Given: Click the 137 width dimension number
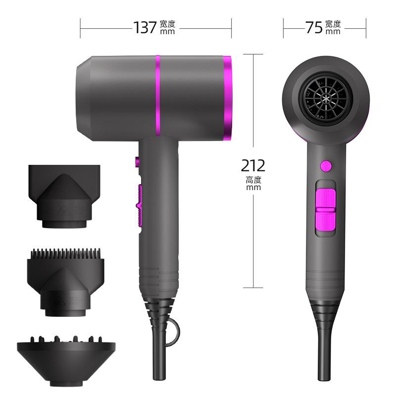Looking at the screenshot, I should [x=145, y=27].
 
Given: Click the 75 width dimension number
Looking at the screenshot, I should [x=314, y=27].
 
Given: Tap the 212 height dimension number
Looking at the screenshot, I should [x=253, y=165].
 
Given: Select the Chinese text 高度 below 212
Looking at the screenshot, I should [x=253, y=180].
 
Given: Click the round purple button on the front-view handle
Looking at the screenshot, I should [x=325, y=165].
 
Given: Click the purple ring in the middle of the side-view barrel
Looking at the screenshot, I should [x=158, y=98].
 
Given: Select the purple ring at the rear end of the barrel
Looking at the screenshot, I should [x=227, y=98].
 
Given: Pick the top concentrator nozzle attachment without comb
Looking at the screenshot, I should [x=64, y=196].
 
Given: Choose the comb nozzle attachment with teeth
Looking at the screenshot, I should [x=64, y=282].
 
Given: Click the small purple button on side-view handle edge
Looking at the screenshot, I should [x=136, y=161].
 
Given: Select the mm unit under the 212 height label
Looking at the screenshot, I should [x=253, y=188].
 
